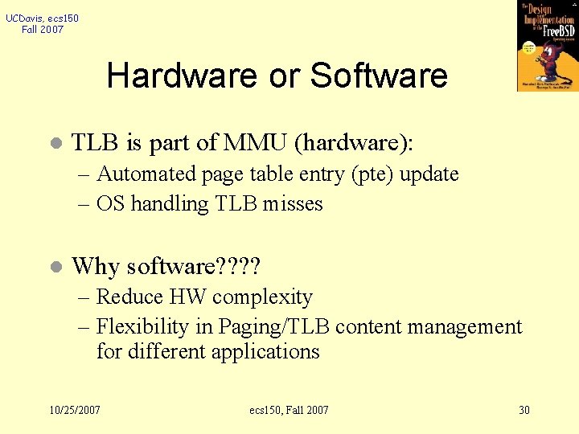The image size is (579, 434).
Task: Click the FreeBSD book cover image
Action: coord(548,46)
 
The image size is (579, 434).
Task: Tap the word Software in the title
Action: coord(379,76)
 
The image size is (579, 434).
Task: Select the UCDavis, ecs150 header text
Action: coord(43,18)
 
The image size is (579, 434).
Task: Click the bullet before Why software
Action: coord(54,267)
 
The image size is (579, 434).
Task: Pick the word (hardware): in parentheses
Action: coord(354,143)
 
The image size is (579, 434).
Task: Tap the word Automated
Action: coord(146,174)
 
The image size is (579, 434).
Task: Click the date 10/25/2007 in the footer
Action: coord(75,410)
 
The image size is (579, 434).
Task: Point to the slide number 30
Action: coord(524,410)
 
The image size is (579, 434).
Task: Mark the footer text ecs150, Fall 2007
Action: coord(289,410)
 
